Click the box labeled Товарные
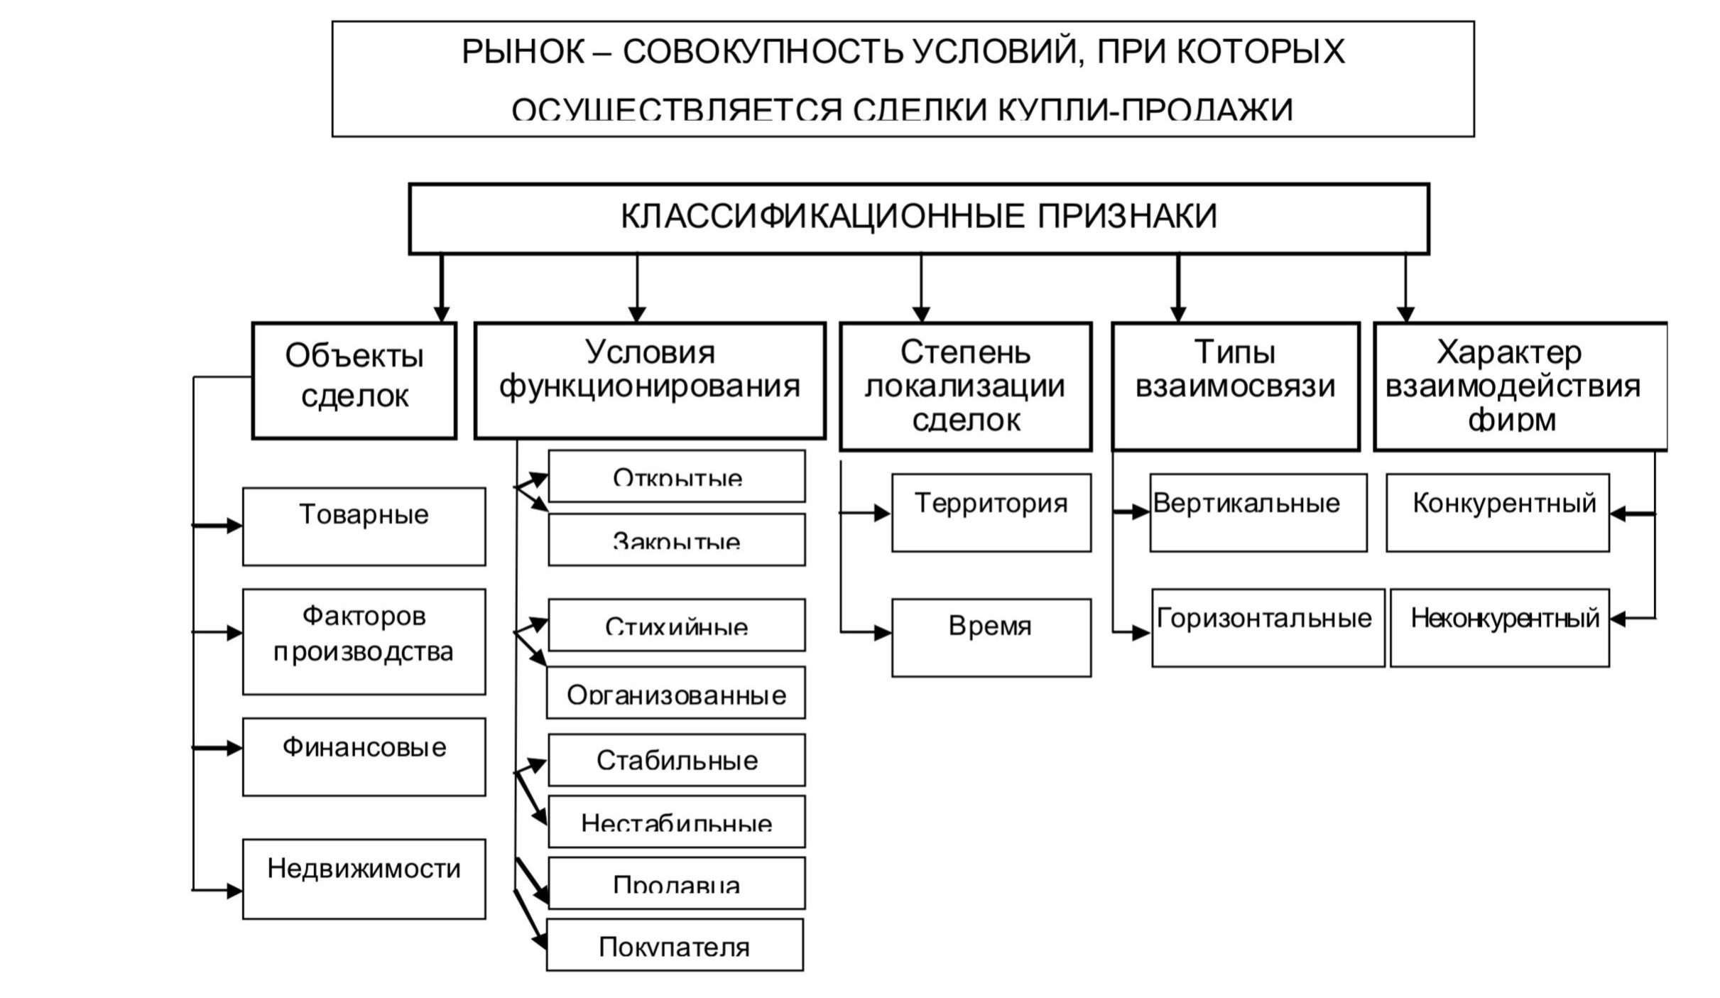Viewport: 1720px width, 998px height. [364, 526]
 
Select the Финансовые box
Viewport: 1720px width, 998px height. [364, 756]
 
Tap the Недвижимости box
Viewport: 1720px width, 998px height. [364, 879]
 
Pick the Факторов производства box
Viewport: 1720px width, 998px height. [364, 641]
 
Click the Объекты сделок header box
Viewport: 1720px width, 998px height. [354, 381]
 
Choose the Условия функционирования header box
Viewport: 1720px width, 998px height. [649, 381]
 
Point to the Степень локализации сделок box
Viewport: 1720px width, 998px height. [965, 386]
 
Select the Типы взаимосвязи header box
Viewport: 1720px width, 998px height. [1235, 386]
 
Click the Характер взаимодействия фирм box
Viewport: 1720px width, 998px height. [1519, 386]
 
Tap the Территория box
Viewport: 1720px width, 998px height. [991, 512]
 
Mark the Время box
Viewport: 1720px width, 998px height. [991, 637]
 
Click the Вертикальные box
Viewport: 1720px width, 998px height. [1258, 512]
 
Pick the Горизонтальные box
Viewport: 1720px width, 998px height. [1268, 627]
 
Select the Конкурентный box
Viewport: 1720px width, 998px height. [1497, 512]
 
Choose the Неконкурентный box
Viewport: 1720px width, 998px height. [1499, 627]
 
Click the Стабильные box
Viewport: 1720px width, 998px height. [676, 760]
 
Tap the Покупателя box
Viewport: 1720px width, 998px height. [674, 945]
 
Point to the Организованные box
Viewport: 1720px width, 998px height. [675, 693]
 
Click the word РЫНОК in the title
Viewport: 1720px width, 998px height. [523, 52]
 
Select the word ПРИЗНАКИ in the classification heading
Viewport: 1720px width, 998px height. [1127, 216]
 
